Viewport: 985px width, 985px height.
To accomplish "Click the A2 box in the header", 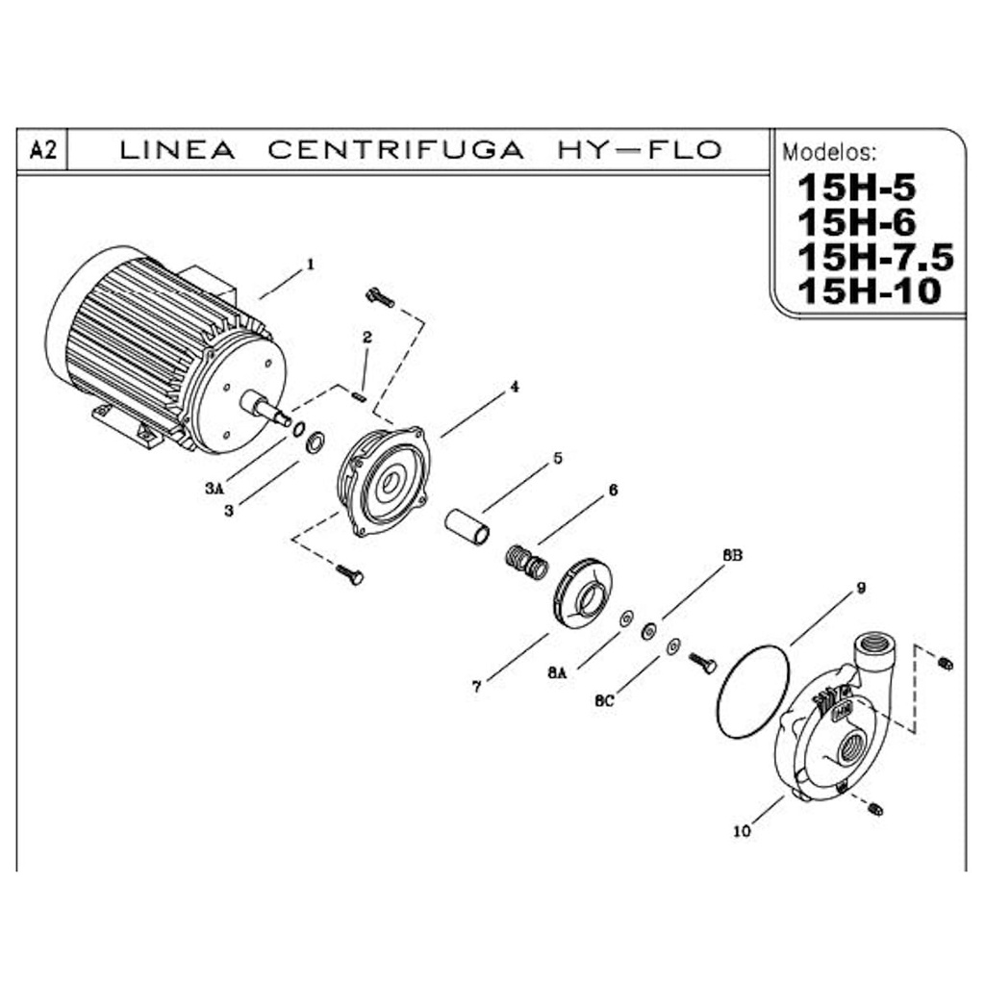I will [x=40, y=150].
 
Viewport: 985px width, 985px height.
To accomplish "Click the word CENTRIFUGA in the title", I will [x=395, y=150].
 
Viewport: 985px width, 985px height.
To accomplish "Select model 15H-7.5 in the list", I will [x=874, y=257].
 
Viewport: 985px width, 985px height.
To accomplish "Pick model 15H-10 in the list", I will [x=868, y=290].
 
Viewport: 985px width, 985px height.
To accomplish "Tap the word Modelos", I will [x=829, y=153].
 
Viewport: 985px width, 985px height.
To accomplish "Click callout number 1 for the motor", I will [x=310, y=263].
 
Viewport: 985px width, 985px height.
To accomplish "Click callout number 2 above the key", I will [x=366, y=338].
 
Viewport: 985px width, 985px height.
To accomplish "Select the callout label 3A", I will [x=214, y=489].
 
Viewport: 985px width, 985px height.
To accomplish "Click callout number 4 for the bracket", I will [x=515, y=387].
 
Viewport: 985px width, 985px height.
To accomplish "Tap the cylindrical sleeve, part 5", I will [x=467, y=528].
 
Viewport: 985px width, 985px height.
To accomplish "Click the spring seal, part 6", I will [x=526, y=561].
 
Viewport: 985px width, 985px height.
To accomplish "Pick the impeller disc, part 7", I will [x=581, y=592].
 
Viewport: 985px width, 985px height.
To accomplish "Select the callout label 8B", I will [x=732, y=556].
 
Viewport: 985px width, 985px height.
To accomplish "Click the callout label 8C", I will [x=604, y=701].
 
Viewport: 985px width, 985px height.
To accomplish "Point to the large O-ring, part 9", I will [x=753, y=693].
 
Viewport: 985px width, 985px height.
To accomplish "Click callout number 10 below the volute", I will [x=742, y=831].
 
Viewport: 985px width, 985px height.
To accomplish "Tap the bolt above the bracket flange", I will [x=380, y=298].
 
